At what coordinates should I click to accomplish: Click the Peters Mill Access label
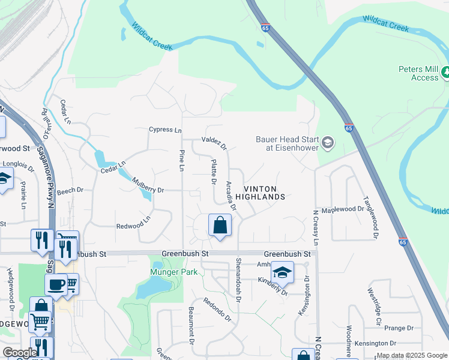tap(418, 73)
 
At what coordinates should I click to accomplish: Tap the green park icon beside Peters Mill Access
tap(445, 73)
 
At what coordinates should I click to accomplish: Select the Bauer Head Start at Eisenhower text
tap(287, 143)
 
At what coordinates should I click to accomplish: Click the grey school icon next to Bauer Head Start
tap(328, 142)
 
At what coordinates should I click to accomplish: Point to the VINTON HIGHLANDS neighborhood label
tap(259, 192)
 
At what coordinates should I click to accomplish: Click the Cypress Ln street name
tap(165, 130)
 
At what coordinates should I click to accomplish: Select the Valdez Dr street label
tap(214, 142)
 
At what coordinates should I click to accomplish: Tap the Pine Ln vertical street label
tap(181, 160)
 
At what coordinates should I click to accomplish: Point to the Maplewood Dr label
tap(343, 209)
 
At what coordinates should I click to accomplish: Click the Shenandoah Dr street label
tap(238, 280)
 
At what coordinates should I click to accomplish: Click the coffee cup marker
tap(56, 284)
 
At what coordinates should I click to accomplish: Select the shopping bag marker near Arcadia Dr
tap(220, 226)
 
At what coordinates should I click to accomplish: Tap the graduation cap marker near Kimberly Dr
tap(282, 272)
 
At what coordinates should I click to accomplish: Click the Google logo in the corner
tap(20, 353)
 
